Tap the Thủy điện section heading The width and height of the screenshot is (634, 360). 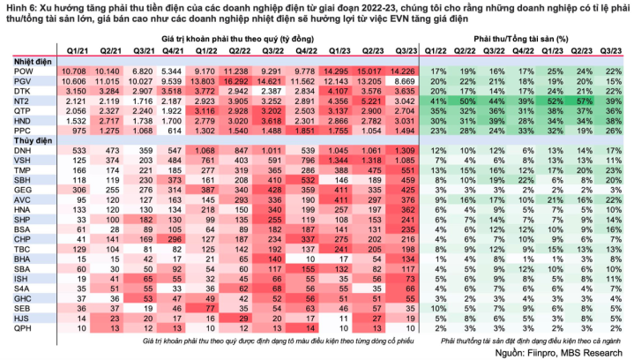pyautogui.click(x=33, y=139)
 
